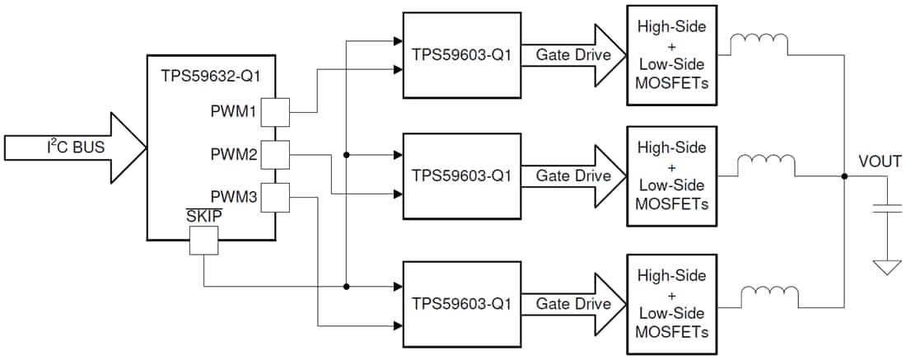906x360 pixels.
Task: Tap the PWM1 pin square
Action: point(274,112)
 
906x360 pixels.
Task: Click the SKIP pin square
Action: point(203,241)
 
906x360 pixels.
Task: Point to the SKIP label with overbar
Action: point(203,217)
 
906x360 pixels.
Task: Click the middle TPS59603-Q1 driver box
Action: point(461,175)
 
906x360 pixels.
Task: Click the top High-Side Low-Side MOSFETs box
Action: point(672,54)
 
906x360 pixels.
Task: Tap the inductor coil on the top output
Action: point(760,42)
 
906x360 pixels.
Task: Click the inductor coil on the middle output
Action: point(767,163)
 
